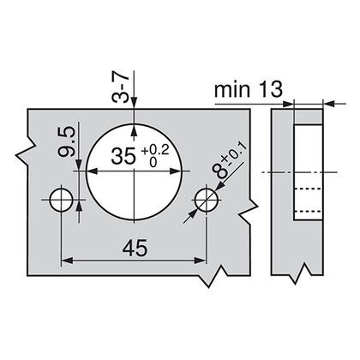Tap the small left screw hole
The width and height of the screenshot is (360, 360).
click(60, 200)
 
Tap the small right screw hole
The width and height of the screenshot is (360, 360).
click(205, 200)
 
